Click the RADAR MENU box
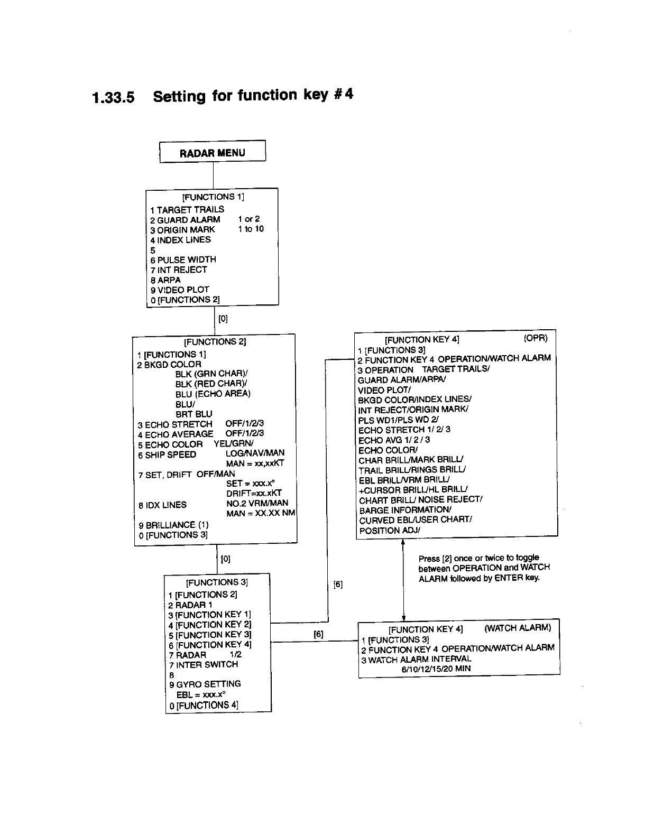click(x=213, y=153)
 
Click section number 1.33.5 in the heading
click(x=113, y=97)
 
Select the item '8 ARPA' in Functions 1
click(x=165, y=280)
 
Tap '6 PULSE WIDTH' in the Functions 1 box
click(x=183, y=259)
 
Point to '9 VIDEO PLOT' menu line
click(x=180, y=290)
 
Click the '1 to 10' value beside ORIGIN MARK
click(x=251, y=229)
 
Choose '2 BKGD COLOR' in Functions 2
click(x=169, y=365)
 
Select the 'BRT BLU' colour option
click(x=193, y=414)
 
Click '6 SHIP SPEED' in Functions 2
click(x=167, y=454)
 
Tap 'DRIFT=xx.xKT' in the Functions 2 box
click(x=254, y=494)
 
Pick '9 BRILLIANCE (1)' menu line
click(x=173, y=525)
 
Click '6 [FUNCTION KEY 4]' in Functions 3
click(x=210, y=645)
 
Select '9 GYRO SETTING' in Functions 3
click(x=205, y=684)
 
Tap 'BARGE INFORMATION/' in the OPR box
click(x=405, y=510)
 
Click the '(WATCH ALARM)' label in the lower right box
click(x=518, y=628)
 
